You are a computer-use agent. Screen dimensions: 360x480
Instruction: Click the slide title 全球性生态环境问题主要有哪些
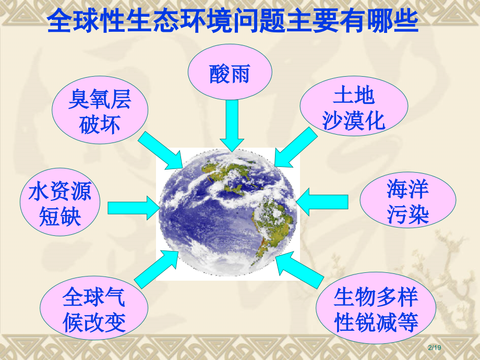pos(233,22)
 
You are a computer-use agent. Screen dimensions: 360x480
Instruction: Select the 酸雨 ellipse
pos(230,74)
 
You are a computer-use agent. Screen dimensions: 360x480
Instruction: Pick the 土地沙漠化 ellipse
pos(354,108)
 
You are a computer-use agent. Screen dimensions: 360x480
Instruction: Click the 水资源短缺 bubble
pos(60,204)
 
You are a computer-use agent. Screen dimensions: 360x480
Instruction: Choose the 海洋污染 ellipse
pos(408,202)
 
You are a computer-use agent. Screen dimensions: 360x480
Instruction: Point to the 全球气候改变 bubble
pos(94,310)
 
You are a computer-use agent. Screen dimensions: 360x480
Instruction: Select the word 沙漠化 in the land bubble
pos(354,120)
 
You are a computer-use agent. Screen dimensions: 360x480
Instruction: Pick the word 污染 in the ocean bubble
pos(408,215)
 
